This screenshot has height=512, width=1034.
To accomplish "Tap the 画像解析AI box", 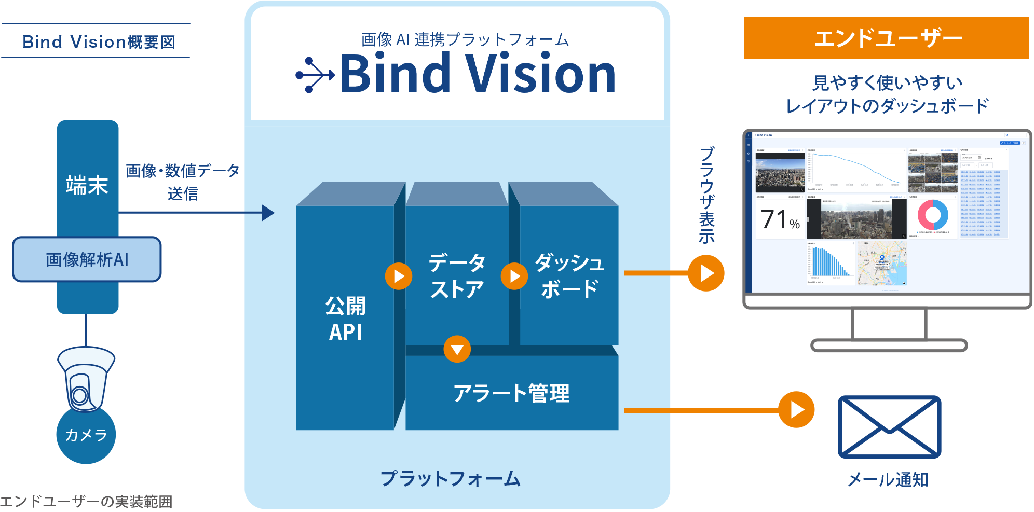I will tap(87, 259).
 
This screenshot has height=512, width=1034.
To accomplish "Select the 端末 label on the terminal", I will tap(87, 185).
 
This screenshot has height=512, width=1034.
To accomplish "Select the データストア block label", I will tap(457, 276).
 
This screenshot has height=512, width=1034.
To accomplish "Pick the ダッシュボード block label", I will tap(569, 276).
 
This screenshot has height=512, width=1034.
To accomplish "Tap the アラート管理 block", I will tap(511, 393).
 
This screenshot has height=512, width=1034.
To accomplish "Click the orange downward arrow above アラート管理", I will tap(457, 349).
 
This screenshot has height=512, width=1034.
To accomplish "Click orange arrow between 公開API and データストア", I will tap(398, 276).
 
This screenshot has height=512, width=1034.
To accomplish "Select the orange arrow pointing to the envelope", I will tap(796, 410).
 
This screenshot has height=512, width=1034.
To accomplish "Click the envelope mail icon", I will tap(889, 427).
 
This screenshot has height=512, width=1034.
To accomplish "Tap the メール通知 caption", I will tap(888, 479).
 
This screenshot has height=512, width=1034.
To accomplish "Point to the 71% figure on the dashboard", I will tap(779, 220).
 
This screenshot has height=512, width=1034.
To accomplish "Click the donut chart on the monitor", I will tap(932, 215).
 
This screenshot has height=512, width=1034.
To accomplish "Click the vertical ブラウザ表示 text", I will tap(707, 195).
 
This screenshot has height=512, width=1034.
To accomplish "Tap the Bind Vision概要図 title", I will tap(99, 41).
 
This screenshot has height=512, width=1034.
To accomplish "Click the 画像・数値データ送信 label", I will tap(183, 182).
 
